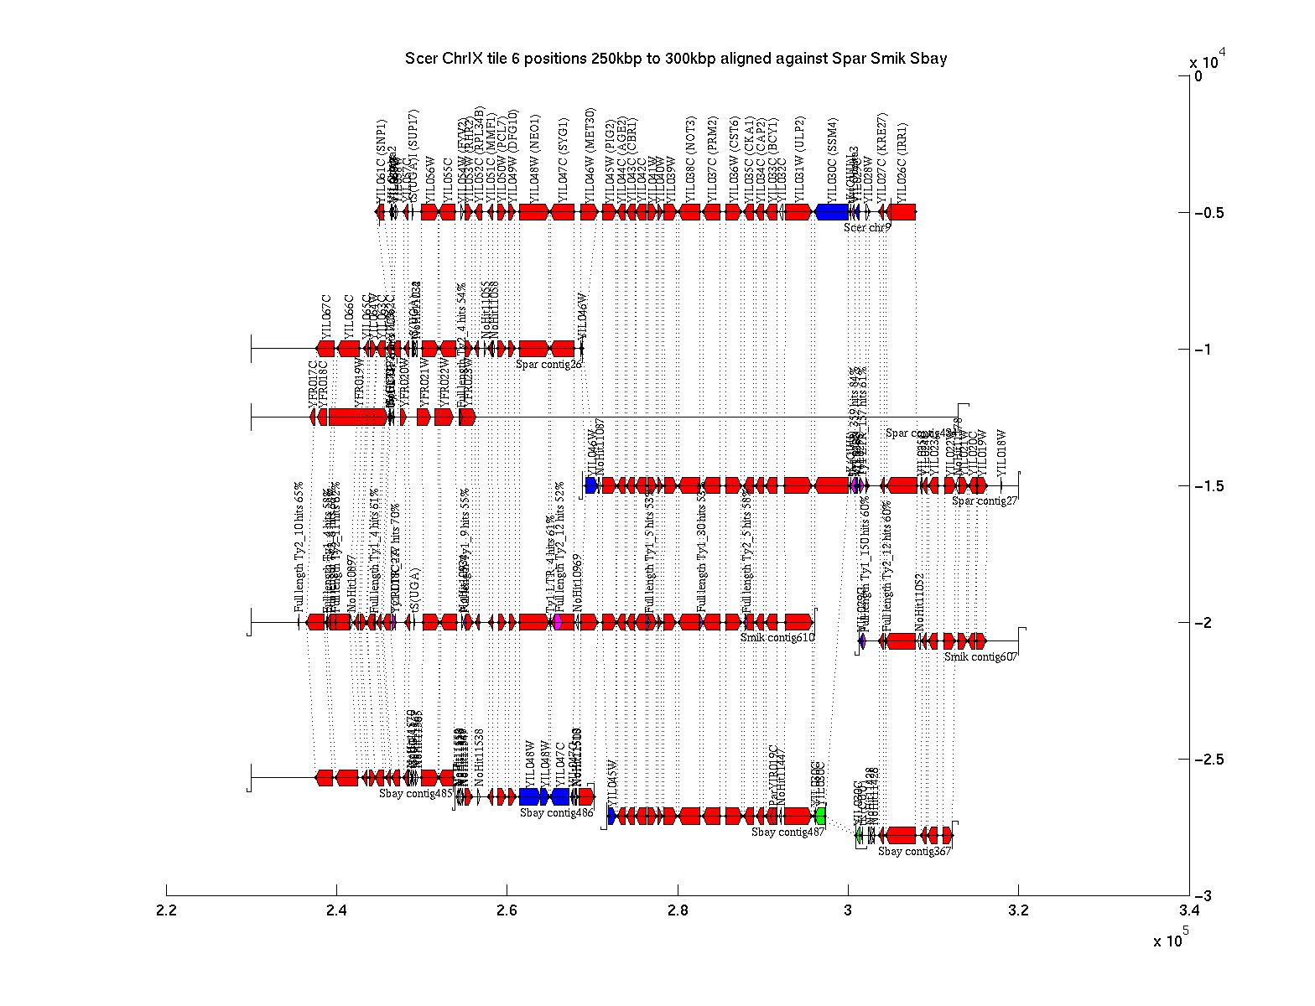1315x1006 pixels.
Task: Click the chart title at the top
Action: point(676,58)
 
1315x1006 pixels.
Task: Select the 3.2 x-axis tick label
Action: point(1018,910)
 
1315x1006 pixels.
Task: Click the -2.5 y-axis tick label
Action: point(1208,760)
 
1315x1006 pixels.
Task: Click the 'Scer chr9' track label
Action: point(867,227)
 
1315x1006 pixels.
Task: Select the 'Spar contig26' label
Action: point(548,364)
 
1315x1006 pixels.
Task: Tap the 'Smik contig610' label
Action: point(777,638)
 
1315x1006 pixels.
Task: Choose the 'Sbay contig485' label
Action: point(415,793)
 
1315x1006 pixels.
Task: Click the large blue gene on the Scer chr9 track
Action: point(831,212)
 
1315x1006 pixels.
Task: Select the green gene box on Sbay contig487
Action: point(820,816)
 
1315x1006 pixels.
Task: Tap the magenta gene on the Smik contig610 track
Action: point(558,622)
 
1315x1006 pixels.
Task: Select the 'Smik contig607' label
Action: point(980,657)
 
